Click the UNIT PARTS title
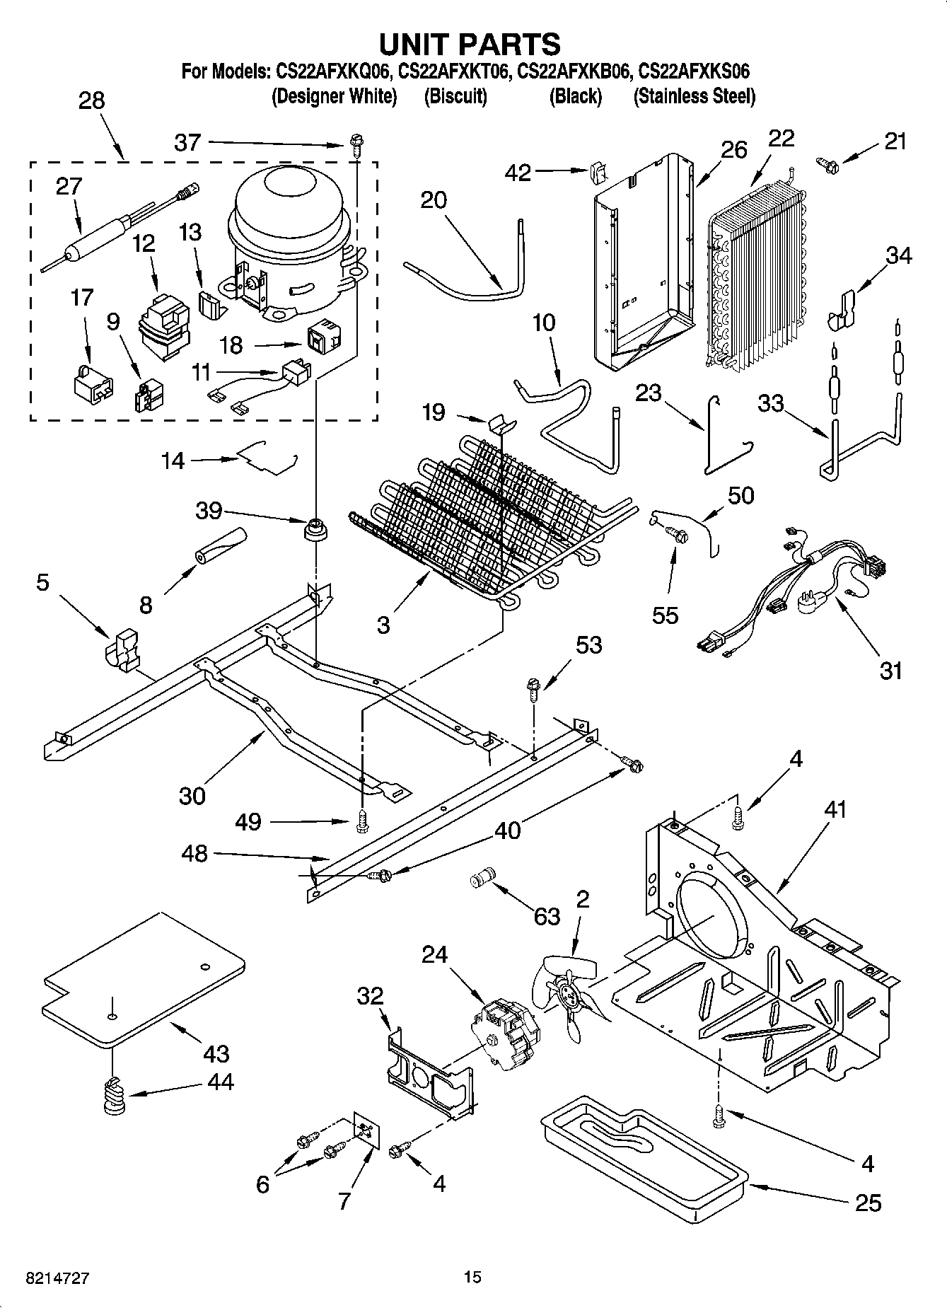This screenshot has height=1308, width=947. [470, 44]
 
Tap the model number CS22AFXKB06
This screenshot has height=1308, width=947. [574, 71]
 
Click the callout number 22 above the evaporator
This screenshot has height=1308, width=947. [781, 139]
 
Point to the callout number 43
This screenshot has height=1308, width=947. [216, 1053]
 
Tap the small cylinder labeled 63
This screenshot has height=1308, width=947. [483, 879]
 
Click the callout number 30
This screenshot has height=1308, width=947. [192, 795]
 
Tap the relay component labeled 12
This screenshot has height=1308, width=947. [163, 322]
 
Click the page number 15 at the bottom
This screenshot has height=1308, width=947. [472, 1277]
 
